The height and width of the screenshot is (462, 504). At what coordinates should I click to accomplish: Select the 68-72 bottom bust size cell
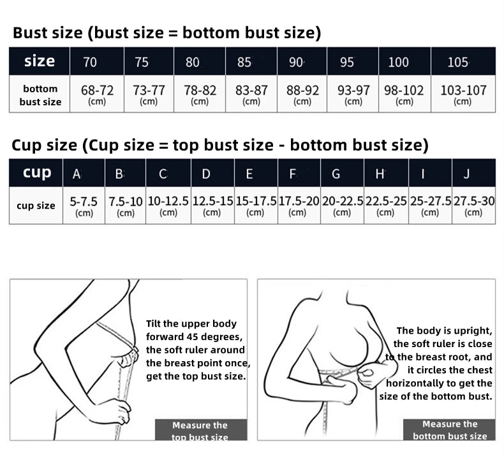click(x=97, y=94)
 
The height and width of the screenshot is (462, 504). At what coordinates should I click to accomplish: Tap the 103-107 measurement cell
click(x=463, y=94)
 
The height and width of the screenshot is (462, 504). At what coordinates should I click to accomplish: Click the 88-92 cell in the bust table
click(x=302, y=94)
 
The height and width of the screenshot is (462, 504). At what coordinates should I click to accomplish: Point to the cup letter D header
click(x=206, y=174)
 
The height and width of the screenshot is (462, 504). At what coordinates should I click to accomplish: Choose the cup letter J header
click(x=467, y=174)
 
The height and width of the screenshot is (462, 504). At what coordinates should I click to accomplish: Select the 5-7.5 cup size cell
click(x=84, y=205)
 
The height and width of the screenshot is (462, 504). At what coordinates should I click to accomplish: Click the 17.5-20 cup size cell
click(x=299, y=205)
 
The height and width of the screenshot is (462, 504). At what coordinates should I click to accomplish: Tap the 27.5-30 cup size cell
click(x=474, y=205)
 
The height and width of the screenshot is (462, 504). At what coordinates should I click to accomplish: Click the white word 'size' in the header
click(x=40, y=61)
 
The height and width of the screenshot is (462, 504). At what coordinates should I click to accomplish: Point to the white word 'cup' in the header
click(x=37, y=172)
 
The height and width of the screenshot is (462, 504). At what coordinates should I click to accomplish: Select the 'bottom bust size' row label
click(x=40, y=95)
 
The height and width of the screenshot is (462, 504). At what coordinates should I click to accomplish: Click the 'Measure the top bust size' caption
click(x=200, y=431)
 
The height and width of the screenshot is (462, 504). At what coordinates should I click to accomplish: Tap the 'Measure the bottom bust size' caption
click(x=450, y=429)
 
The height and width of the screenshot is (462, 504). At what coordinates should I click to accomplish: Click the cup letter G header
click(x=336, y=174)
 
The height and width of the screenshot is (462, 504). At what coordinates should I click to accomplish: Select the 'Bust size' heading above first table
click(x=48, y=33)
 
